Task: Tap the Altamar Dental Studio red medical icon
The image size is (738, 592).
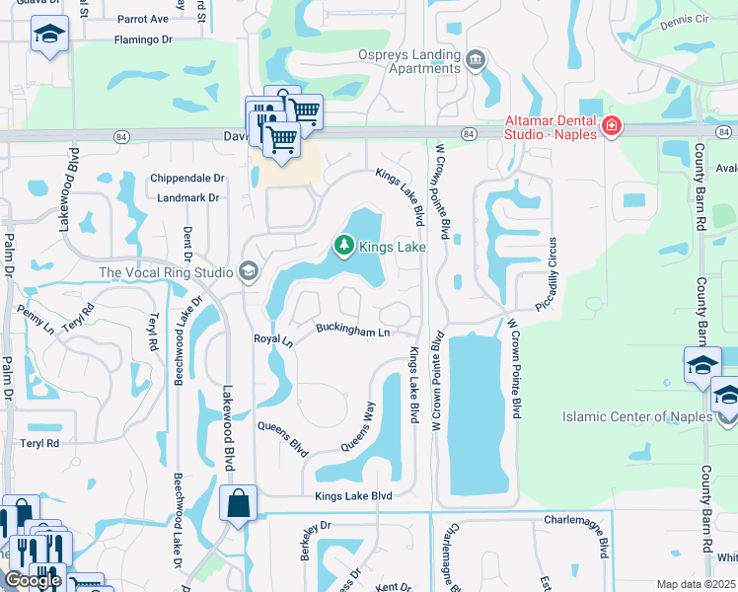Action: coord(612,126)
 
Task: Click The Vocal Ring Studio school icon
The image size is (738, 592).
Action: coord(248,272)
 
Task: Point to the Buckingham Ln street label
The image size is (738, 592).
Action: coord(352,332)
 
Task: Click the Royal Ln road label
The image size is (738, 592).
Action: coord(273,340)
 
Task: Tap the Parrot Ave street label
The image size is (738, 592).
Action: coord(143,19)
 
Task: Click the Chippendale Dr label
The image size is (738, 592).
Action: coord(187,179)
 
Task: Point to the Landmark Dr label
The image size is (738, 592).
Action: coord(186,197)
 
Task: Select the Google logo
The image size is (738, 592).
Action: coord(32,580)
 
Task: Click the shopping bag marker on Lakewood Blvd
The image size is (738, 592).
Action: coord(240,503)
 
